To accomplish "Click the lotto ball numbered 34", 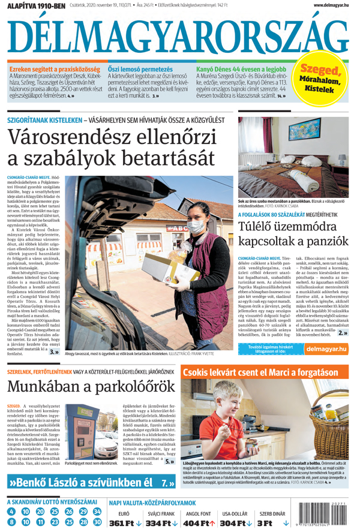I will [x=98, y=511].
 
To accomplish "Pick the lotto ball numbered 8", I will [x=11, y=522].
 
